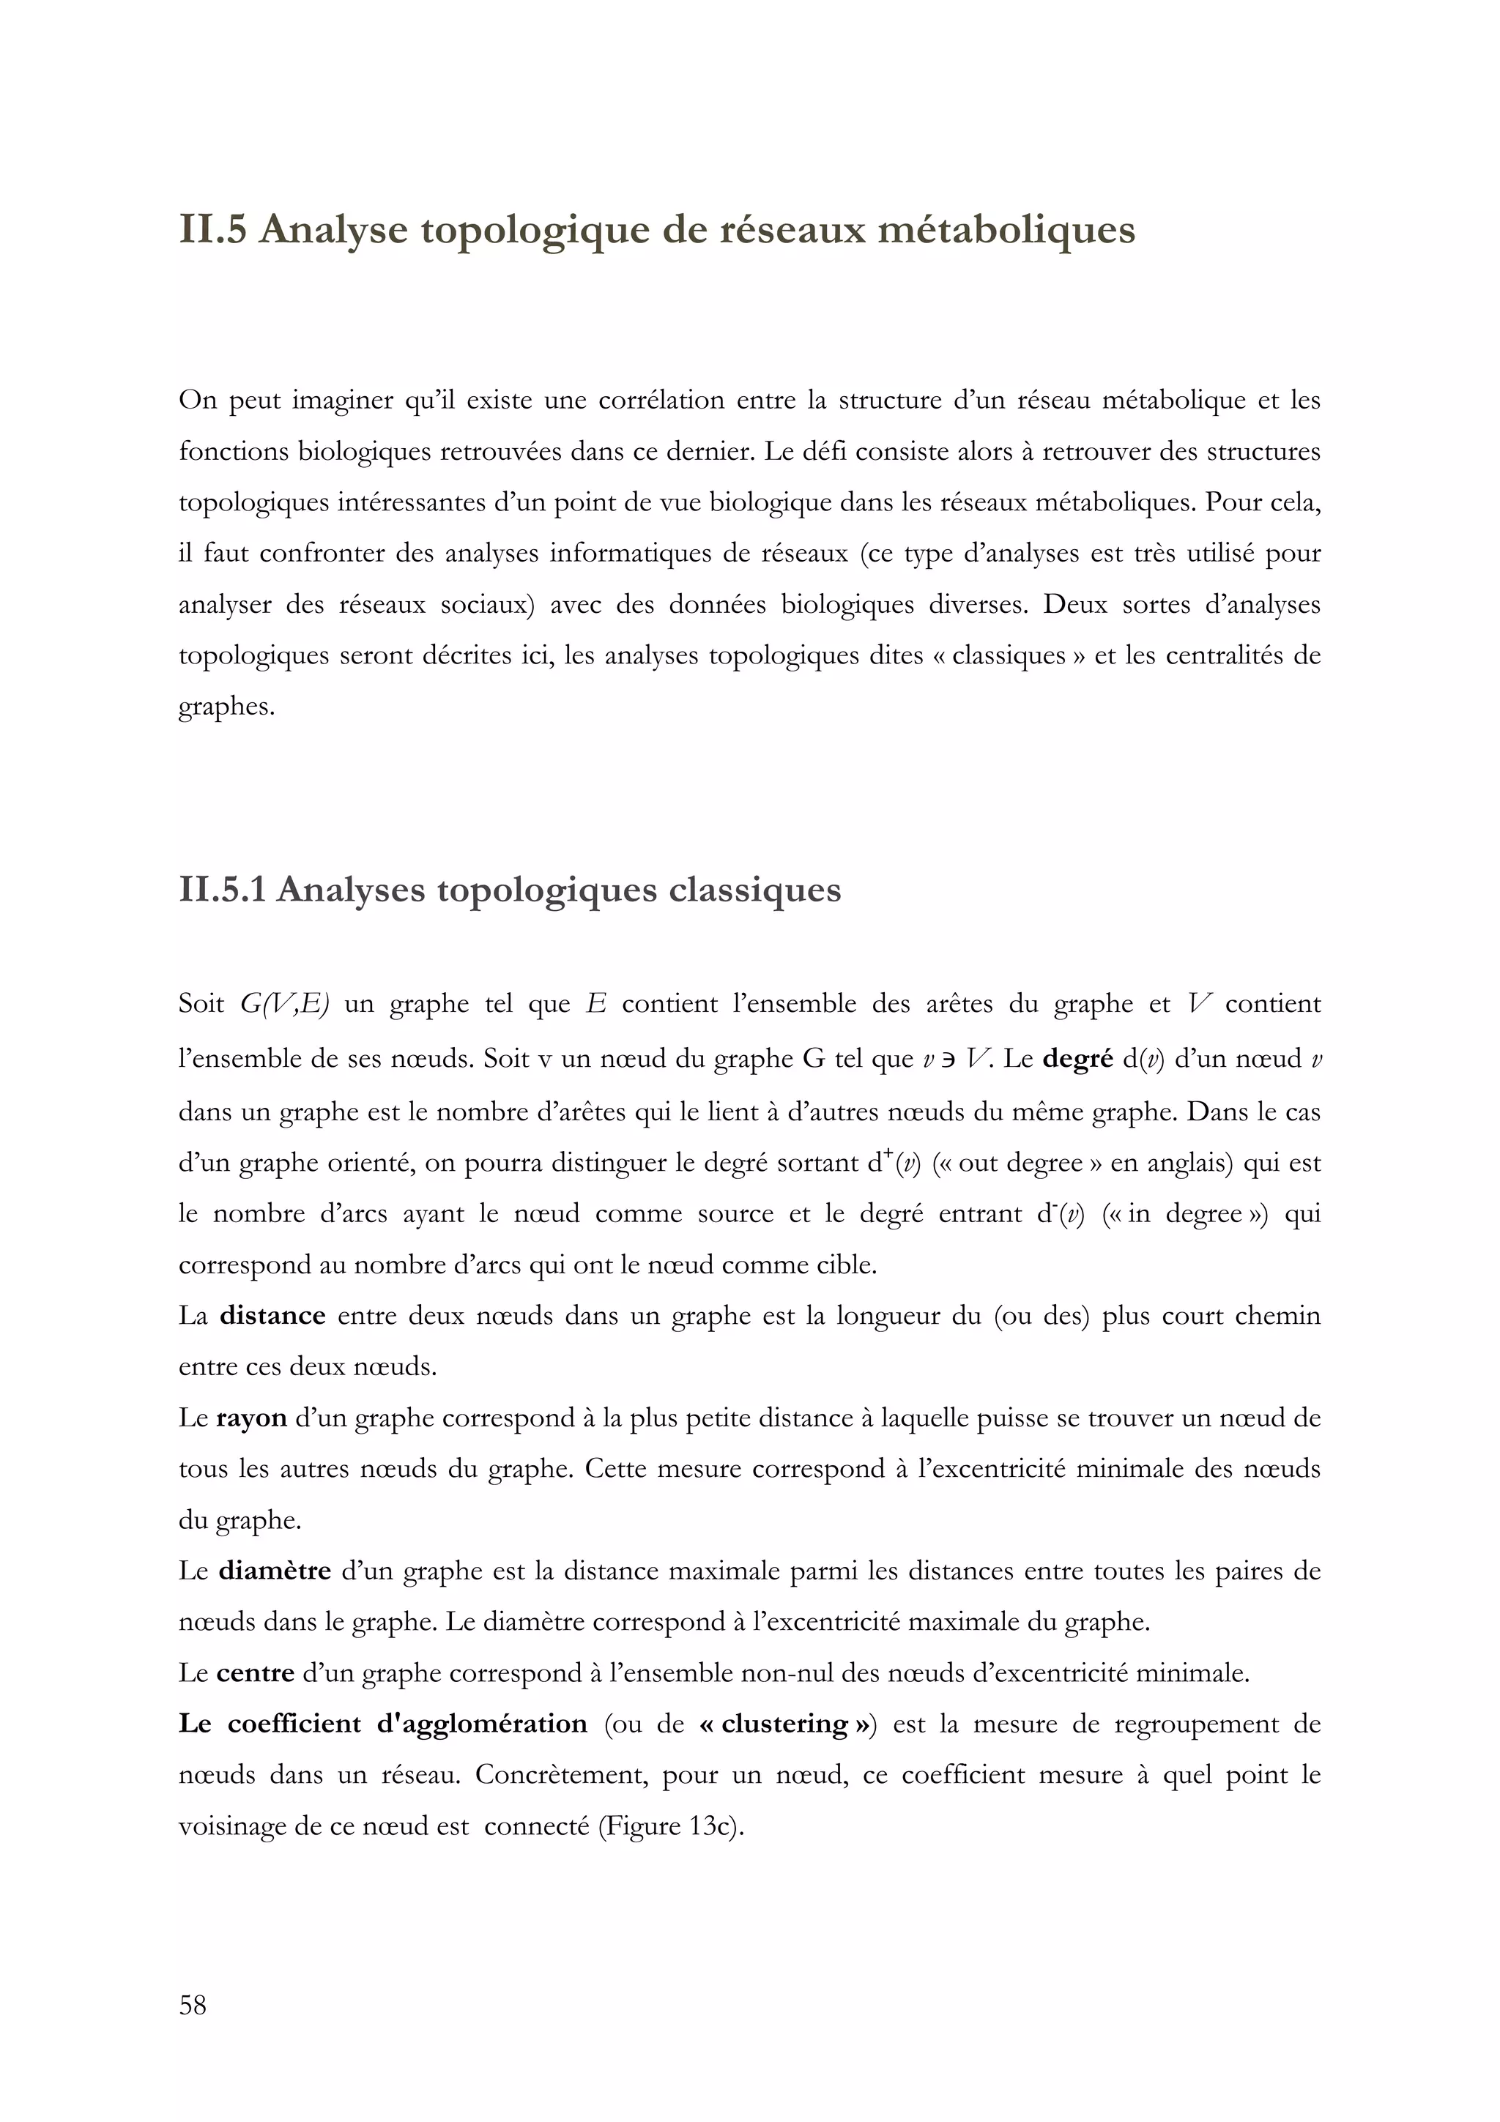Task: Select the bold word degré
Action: click(1077, 1058)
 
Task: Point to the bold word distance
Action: click(272, 1315)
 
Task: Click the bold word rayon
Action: click(251, 1418)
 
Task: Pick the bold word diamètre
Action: click(275, 1571)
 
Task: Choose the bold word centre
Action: click(255, 1673)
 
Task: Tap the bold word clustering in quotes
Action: click(784, 1724)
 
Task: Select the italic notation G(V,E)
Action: click(283, 1004)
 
